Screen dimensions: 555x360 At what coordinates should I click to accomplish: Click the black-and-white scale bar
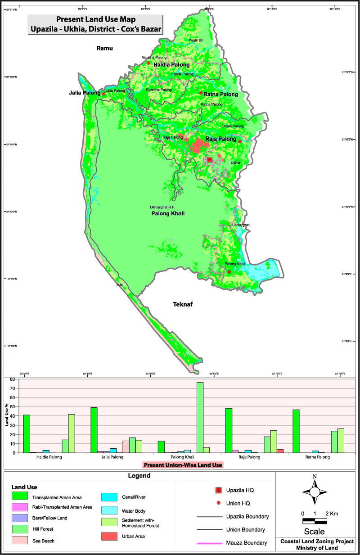click(315, 521)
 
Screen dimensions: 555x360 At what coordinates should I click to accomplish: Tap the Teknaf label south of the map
click(183, 305)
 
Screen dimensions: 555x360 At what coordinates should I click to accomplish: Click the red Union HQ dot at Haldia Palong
click(148, 63)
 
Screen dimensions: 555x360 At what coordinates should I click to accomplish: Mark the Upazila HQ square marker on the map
click(210, 159)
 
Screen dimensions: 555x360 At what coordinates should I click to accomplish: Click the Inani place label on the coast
click(120, 284)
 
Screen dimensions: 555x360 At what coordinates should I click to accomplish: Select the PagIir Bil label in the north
click(196, 41)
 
